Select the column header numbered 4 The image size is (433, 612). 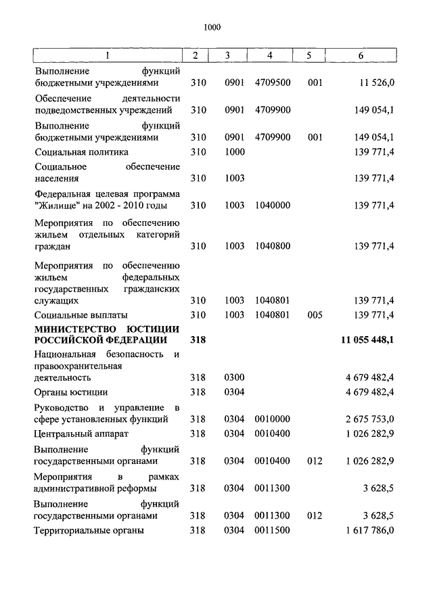[x=270, y=55]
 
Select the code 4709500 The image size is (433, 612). [x=273, y=83]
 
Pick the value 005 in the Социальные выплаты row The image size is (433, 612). [x=313, y=315]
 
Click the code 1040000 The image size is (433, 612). [x=273, y=206]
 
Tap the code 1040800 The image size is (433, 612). [x=273, y=246]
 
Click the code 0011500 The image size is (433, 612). [x=273, y=531]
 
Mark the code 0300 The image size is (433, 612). [x=234, y=378]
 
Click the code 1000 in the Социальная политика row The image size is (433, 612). [x=234, y=152]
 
